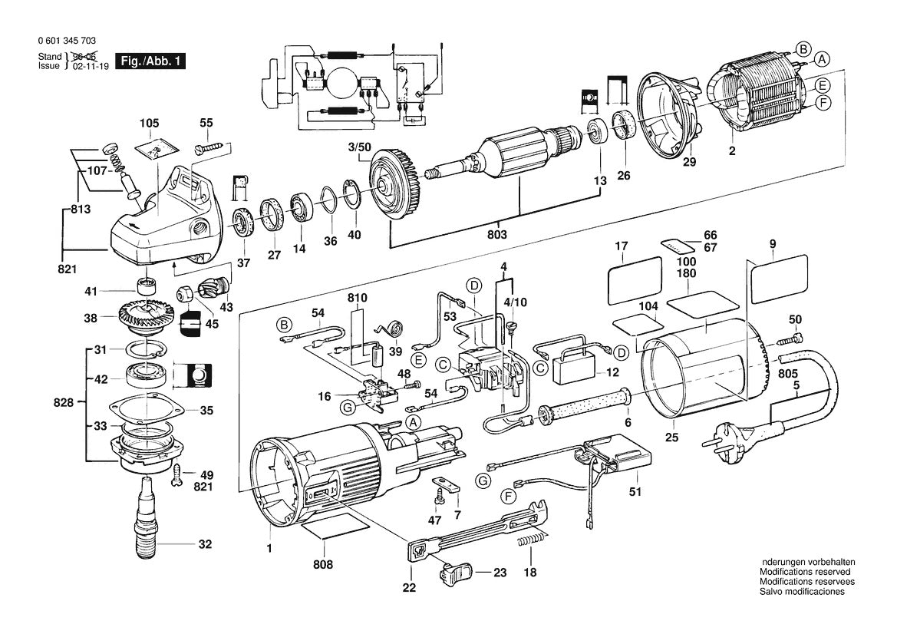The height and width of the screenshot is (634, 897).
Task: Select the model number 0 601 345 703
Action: tap(66, 41)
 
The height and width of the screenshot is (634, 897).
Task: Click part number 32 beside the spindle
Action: tap(204, 544)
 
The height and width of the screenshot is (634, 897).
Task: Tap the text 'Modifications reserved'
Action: tap(805, 572)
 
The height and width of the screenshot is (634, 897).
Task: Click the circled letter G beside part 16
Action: tap(347, 407)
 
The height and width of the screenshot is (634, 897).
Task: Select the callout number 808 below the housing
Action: tap(324, 565)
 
